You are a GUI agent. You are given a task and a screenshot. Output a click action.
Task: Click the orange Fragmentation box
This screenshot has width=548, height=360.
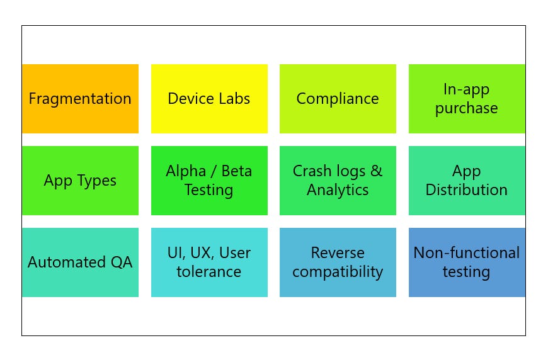click(80, 99)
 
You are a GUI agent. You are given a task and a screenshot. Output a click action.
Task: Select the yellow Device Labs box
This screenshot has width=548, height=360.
click(209, 99)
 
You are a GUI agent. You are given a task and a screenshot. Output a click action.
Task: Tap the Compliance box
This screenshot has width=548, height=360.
click(338, 99)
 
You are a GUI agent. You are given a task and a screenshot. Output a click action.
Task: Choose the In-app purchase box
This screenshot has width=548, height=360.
click(467, 99)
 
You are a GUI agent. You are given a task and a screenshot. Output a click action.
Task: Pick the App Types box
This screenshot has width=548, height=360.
click(80, 181)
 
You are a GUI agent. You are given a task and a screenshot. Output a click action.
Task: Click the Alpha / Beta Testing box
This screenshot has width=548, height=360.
click(209, 181)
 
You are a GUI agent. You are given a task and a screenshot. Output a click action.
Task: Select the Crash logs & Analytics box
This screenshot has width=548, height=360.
click(338, 181)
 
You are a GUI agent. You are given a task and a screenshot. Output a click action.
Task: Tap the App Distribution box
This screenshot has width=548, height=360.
click(467, 181)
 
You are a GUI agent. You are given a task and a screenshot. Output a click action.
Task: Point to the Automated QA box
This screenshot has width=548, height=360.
click(80, 262)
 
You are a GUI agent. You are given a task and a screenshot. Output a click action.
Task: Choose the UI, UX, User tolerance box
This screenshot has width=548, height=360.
click(209, 262)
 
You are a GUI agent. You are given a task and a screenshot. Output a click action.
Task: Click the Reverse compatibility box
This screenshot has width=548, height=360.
click(338, 262)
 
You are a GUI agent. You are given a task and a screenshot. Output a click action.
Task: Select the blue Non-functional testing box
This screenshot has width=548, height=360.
click(467, 262)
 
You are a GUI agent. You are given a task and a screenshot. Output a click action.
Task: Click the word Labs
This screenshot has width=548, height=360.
click(234, 99)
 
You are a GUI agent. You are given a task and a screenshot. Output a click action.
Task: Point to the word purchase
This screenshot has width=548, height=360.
click(467, 108)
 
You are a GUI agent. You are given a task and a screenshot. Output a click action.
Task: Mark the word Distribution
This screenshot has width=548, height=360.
click(467, 190)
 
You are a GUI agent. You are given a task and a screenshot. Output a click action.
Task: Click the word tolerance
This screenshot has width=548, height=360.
click(209, 272)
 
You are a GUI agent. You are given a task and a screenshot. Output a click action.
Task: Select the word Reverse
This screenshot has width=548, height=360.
click(338, 253)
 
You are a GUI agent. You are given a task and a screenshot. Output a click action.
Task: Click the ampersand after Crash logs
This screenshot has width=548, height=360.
click(376, 171)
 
